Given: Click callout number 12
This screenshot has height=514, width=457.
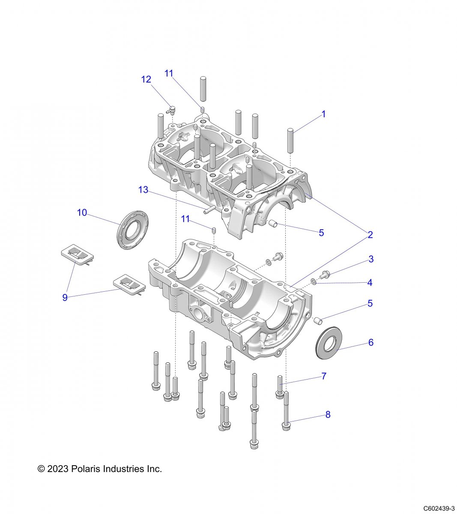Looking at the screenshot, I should (x=146, y=79).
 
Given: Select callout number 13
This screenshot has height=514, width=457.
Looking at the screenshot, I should (x=143, y=190).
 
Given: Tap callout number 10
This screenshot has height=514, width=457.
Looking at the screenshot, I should (x=82, y=212).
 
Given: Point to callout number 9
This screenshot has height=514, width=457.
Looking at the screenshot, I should (x=65, y=297).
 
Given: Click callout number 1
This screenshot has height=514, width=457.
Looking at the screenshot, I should (x=324, y=114).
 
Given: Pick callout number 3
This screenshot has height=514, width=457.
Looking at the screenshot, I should (x=371, y=259).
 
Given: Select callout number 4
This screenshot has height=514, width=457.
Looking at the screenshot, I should (x=370, y=282).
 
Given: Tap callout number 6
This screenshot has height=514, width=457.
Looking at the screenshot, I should (x=371, y=342).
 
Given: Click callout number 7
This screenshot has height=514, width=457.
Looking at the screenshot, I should (x=324, y=376).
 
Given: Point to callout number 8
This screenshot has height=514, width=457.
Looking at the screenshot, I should (x=328, y=414).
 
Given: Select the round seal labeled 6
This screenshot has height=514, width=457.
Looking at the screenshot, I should (x=328, y=343).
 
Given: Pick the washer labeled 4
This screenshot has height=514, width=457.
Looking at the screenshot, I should (x=314, y=281).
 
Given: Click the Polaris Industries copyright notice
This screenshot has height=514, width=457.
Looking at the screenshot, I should (x=100, y=469).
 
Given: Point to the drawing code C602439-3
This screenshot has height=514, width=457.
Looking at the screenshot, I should (x=439, y=508).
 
